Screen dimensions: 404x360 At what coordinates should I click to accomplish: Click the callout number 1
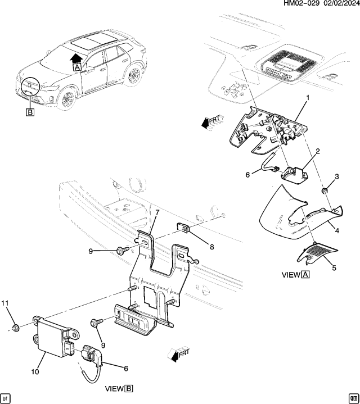point(308,98)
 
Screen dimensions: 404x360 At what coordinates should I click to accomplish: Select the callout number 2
point(318,151)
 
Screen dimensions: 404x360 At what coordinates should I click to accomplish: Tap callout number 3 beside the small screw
point(337,177)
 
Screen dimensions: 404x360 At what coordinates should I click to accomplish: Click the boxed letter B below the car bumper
point(30,111)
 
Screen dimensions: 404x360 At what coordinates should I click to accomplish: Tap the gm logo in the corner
point(353,398)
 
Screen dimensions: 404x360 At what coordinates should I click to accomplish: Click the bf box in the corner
point(6,398)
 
